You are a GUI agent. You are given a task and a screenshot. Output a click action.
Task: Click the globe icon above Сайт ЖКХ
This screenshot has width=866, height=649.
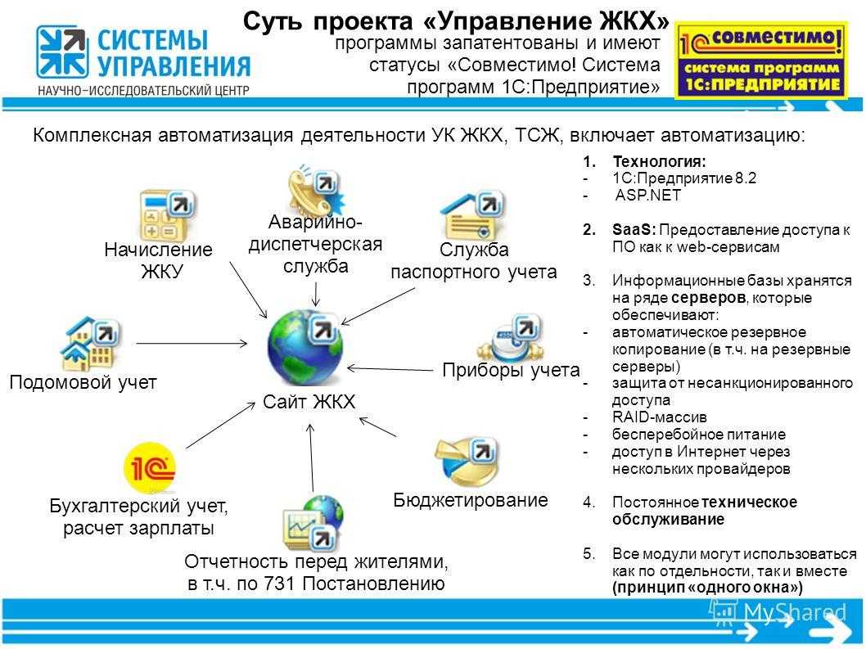[305, 348]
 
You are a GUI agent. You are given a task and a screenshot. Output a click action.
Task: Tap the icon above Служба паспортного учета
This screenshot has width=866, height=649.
[473, 216]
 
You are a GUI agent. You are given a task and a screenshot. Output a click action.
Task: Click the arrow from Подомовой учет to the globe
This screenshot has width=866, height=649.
[192, 344]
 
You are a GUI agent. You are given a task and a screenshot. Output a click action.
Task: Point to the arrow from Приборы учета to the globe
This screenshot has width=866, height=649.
[390, 369]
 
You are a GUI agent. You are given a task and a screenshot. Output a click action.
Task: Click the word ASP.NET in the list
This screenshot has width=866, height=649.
[647, 195]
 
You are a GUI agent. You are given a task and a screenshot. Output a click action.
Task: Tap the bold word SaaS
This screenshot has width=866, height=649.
[634, 229]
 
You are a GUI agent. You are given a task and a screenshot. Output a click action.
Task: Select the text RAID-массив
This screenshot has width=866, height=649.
[660, 417]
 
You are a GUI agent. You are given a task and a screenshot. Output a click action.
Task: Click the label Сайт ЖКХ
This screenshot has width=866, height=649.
[309, 402]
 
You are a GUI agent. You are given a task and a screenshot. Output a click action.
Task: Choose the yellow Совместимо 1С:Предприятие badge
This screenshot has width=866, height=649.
[761, 61]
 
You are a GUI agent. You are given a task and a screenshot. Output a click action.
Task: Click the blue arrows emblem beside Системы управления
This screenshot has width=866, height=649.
[62, 52]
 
